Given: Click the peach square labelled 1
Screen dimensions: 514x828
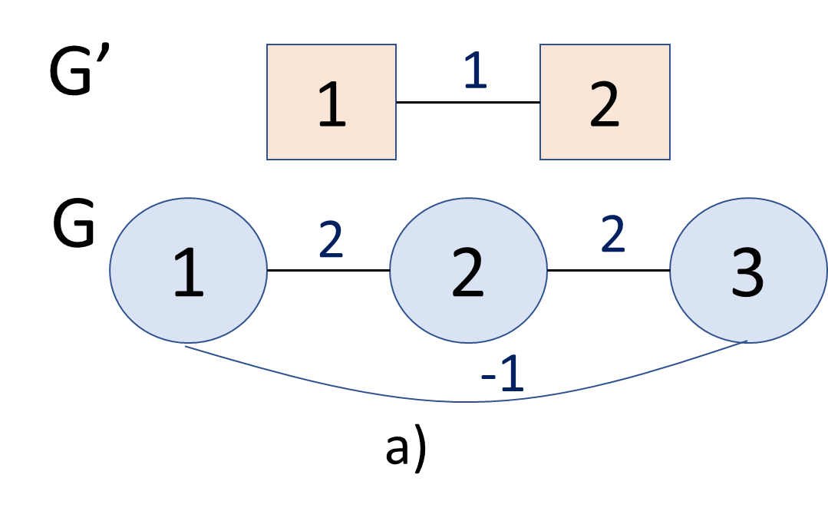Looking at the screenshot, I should click(332, 102).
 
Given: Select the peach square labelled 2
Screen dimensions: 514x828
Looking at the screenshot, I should click(605, 102).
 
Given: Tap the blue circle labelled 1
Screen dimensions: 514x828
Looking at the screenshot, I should click(188, 271).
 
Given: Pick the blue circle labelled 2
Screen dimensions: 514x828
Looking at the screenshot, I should click(468, 271).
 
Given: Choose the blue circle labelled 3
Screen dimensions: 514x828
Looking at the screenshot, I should click(748, 271).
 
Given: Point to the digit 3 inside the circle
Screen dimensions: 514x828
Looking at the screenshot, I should click(747, 273).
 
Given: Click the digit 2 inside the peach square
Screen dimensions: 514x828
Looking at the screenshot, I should click(605, 107).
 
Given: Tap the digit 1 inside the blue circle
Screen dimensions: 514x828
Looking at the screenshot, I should click(188, 273).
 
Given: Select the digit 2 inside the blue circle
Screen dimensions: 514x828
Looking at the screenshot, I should click(467, 273).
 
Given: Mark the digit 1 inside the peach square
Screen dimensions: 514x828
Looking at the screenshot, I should click(332, 107).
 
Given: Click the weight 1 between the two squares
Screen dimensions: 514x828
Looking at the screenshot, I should click(475, 71).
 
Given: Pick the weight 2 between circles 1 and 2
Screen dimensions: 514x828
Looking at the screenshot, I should click(331, 240).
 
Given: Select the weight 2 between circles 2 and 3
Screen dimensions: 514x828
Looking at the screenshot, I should click(612, 235).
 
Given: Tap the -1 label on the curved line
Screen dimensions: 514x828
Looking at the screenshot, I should click(503, 375).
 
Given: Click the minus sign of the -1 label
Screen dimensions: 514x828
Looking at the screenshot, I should click(487, 377).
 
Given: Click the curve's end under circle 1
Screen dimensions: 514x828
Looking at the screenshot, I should click(186, 346).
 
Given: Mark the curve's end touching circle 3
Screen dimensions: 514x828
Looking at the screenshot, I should click(746, 341).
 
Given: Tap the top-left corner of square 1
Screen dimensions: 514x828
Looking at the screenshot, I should click(268, 45).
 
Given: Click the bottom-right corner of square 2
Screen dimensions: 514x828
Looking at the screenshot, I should click(669, 159).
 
